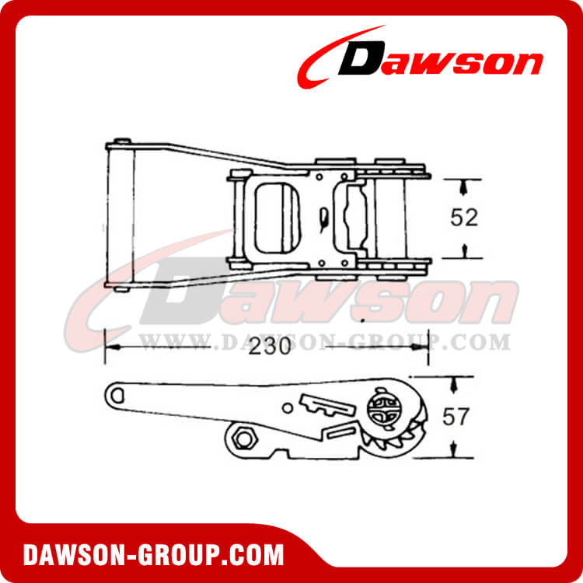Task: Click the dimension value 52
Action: [x=463, y=218]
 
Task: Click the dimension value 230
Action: [x=270, y=347]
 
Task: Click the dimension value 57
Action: [x=456, y=417]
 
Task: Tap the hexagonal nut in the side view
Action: [x=243, y=439]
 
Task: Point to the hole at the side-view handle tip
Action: [x=117, y=394]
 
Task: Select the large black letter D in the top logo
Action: [x=361, y=58]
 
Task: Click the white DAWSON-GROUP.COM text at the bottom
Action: [x=153, y=555]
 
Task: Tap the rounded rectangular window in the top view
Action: [x=278, y=218]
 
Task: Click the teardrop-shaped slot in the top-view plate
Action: [x=324, y=218]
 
